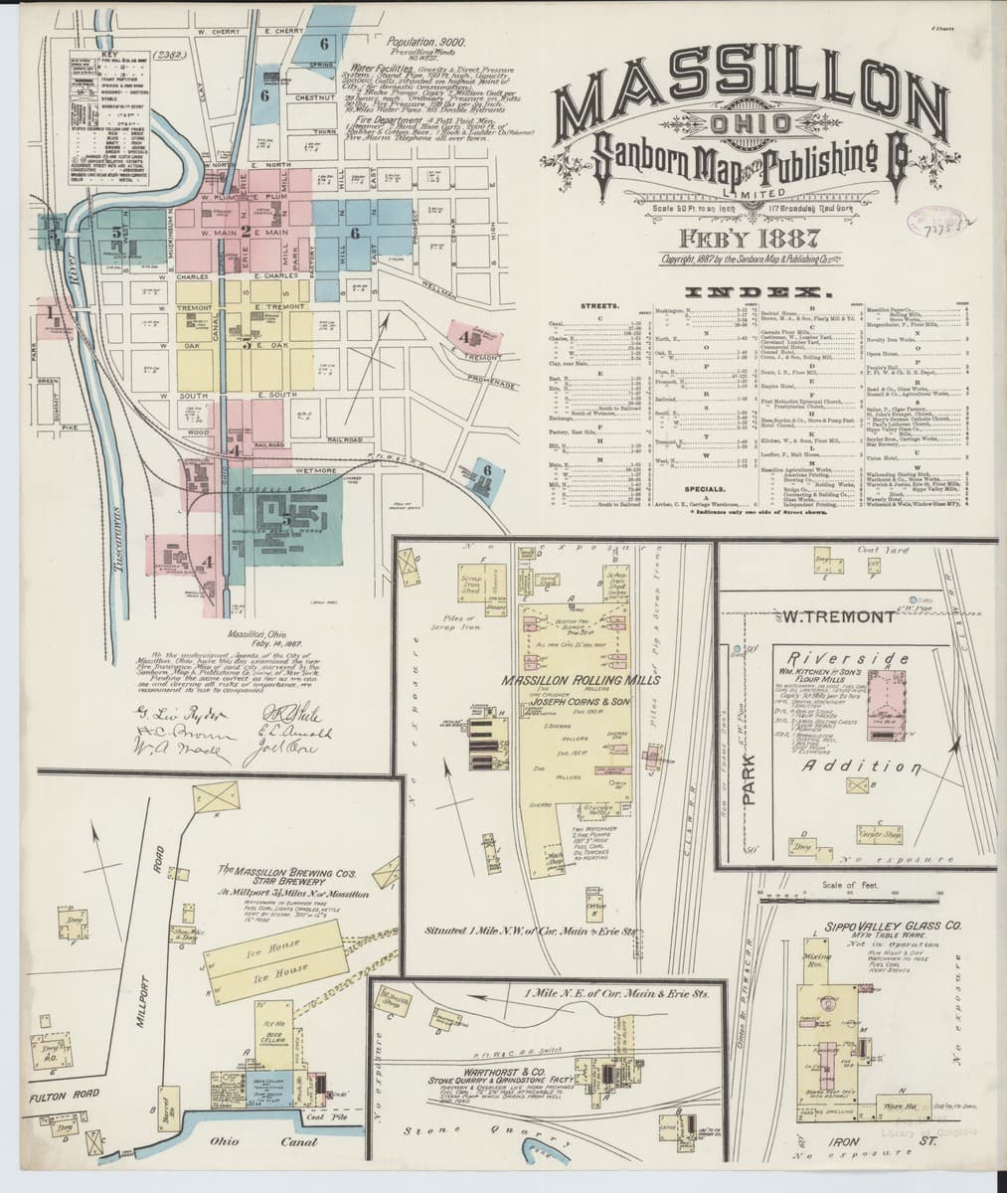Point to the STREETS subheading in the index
coord(598,306)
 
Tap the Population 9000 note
coord(400,44)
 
